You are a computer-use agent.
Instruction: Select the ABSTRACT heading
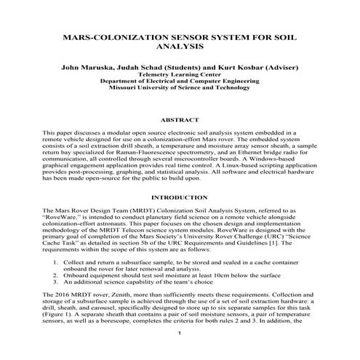coord(179,119)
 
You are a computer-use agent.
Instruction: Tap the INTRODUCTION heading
coord(179,197)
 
